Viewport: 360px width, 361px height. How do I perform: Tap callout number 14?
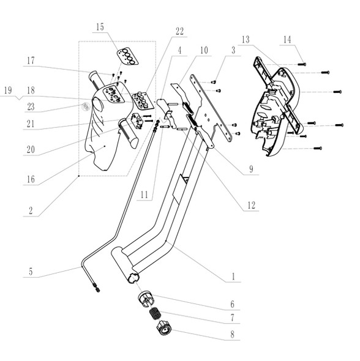point(287,40)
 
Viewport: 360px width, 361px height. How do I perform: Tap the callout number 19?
point(7,90)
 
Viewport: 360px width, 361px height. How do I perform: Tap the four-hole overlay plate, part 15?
point(126,56)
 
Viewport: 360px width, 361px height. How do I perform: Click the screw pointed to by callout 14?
point(303,64)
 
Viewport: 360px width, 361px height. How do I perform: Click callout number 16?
point(29,180)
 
